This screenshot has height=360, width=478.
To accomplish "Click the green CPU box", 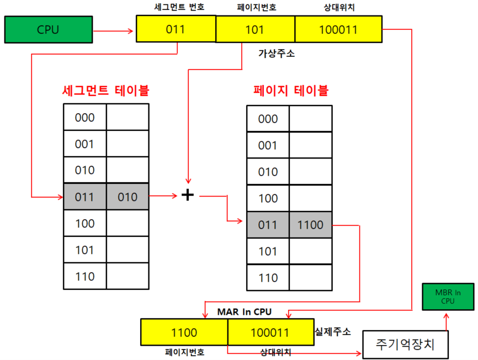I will click(48, 30).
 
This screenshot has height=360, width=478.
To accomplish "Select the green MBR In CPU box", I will click(447, 297).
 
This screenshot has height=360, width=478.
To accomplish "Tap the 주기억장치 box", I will click(405, 345).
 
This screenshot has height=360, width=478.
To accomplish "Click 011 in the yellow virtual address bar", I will click(176, 29).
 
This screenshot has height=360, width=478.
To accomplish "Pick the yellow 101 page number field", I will click(254, 29).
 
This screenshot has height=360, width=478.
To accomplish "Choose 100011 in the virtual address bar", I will click(338, 29).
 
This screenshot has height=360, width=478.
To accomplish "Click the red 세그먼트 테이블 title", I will click(105, 89).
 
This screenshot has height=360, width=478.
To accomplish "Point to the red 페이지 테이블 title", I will click(290, 89).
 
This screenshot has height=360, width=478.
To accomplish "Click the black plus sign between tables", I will click(188, 195).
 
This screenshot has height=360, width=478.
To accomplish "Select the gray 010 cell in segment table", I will click(128, 197).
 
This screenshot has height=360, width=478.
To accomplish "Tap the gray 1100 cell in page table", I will click(310, 225).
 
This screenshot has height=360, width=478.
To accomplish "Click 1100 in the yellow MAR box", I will click(184, 333).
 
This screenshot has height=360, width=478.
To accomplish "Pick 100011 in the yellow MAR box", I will click(269, 333).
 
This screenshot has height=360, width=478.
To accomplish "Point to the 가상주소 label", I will click(277, 54).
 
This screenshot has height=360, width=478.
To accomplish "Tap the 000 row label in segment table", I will click(85, 118).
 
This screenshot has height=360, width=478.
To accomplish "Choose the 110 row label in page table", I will click(268, 278).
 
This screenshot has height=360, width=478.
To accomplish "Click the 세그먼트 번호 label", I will click(176, 8).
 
